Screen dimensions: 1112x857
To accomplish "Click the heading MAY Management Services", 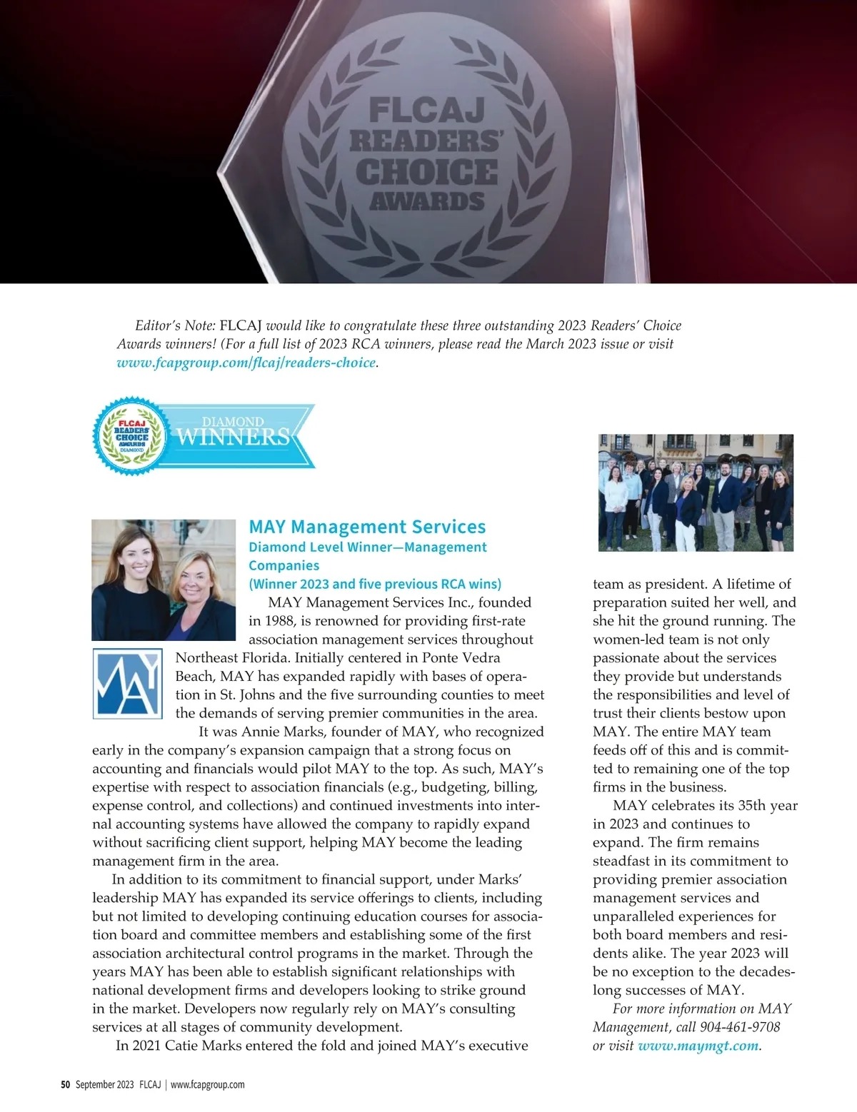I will point(367,527).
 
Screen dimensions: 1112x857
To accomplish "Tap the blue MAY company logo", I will point(125,683).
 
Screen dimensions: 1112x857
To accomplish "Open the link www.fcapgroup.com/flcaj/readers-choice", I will point(246,363).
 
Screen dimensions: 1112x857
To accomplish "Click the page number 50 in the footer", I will point(65,1085).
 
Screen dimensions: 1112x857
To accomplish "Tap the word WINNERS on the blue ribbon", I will point(233,437).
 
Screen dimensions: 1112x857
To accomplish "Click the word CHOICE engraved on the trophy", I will point(426,172).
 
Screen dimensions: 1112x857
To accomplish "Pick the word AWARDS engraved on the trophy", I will point(426,201).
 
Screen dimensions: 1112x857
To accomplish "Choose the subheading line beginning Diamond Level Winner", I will point(367,547).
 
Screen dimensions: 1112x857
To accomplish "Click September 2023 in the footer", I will point(104,1085).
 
